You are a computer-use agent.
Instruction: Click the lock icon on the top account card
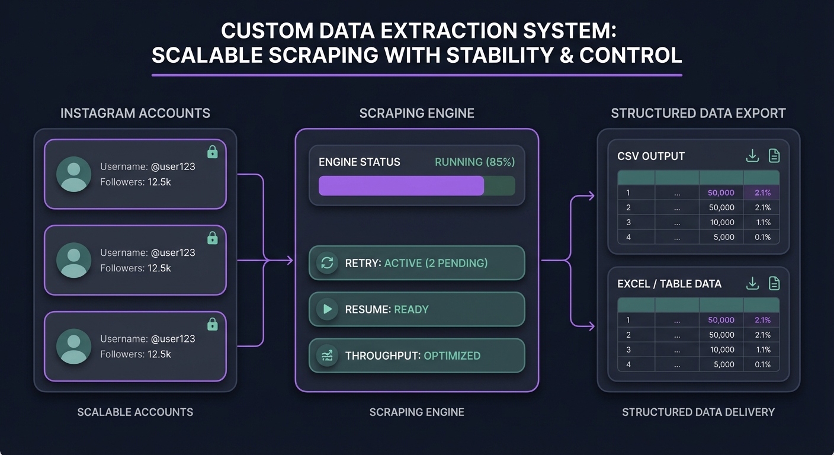[x=213, y=152]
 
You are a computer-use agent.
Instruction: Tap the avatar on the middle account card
[x=74, y=260]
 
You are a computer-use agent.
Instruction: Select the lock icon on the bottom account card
[x=213, y=324]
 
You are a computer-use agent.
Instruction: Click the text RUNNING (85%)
[x=474, y=162]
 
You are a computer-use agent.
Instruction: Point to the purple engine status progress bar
[x=402, y=185]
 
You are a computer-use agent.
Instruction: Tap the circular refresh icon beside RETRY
[x=327, y=262]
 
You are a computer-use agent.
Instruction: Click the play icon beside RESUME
[x=327, y=309]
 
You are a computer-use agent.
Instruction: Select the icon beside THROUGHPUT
[x=327, y=355]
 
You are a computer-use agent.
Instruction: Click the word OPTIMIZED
[x=452, y=355]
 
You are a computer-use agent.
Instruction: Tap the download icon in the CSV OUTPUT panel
[x=752, y=156]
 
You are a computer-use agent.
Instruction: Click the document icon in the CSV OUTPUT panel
[x=774, y=156]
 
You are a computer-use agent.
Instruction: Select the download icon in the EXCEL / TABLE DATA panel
[x=752, y=283]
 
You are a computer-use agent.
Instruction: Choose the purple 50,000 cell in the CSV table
[x=721, y=193]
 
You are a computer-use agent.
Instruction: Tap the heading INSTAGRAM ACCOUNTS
[x=135, y=113]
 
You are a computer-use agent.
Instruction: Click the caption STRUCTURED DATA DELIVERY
[x=698, y=412]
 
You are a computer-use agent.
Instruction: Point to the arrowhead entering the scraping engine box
[x=290, y=260]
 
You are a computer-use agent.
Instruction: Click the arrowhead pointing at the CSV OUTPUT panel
[x=591, y=196]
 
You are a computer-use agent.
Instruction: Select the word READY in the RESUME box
[x=411, y=309]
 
